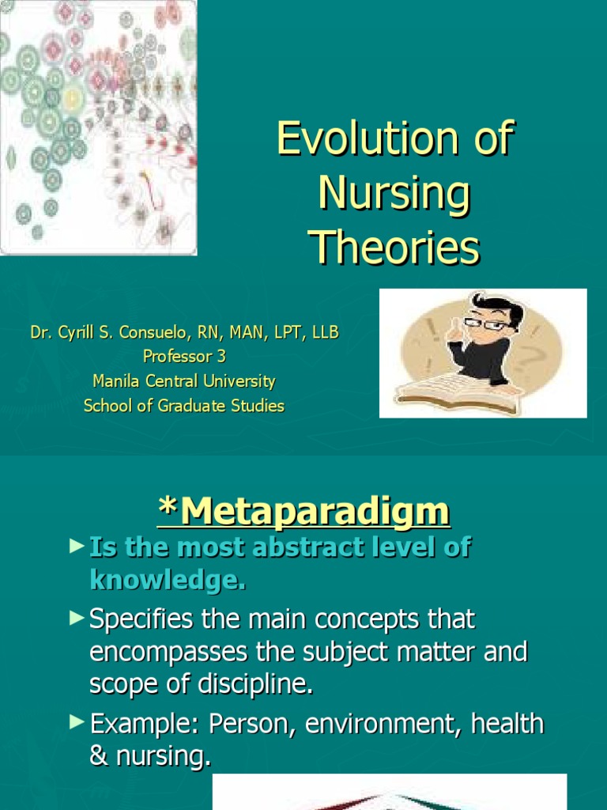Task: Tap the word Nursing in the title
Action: pos(394,194)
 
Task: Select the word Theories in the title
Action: pos(394,247)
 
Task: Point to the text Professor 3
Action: pos(183,357)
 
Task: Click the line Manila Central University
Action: pos(183,381)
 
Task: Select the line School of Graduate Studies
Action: pos(183,406)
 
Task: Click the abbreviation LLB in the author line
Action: pos(325,333)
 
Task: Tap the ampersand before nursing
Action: pos(100,757)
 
